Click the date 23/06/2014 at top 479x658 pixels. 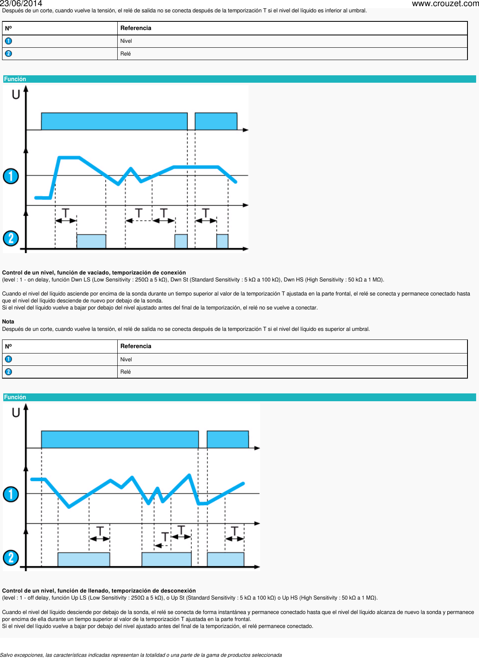pos(21,4)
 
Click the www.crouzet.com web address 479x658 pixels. pos(445,4)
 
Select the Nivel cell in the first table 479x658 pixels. pos(126,41)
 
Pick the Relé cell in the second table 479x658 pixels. pos(126,372)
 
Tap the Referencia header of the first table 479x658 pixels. pos(136,28)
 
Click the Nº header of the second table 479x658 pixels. pos(8,346)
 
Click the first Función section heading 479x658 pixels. pos(15,79)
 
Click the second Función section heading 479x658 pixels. pos(15,397)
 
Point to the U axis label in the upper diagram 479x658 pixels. pos(16,95)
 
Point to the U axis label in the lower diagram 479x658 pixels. pos(16,413)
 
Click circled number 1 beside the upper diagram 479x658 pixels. pos(11,176)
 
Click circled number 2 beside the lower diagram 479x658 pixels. pos(11,558)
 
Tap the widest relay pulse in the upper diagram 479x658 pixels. pos(91,241)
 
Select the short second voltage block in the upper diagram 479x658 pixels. pos(216,121)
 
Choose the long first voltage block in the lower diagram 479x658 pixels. pos(120,439)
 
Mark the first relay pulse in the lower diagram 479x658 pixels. pos(84,559)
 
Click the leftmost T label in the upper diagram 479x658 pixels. pos(65,213)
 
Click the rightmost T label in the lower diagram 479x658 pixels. pos(235,531)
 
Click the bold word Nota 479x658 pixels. pos(8,322)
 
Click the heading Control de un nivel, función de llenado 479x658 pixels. pos(99,591)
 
